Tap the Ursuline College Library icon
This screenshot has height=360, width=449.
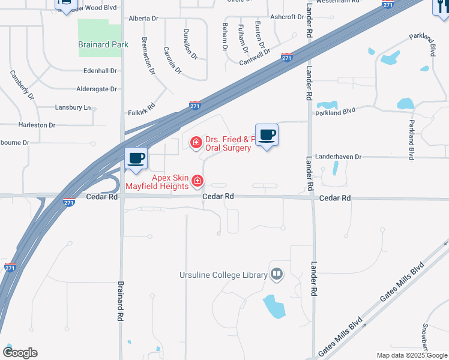pyautogui.click(x=276, y=275)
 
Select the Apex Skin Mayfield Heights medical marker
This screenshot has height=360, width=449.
pyautogui.click(x=196, y=181)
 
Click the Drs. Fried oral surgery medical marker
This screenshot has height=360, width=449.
pyautogui.click(x=195, y=143)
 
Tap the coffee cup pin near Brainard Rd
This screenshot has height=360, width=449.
pyautogui.click(x=136, y=158)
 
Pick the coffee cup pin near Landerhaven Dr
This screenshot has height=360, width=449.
pyautogui.click(x=266, y=135)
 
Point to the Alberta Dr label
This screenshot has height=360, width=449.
pyautogui.click(x=143, y=19)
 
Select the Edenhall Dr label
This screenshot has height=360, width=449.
pyautogui.click(x=100, y=71)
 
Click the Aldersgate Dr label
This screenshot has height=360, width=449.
pyautogui.click(x=97, y=89)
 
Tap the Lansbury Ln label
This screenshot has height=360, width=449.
pyautogui.click(x=73, y=107)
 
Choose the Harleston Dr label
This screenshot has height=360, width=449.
pyautogui.click(x=37, y=125)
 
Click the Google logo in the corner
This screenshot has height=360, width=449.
pyautogui.click(x=20, y=353)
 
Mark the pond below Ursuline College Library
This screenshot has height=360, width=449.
pyautogui.click(x=274, y=307)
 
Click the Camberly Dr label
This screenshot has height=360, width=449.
pyautogui.click(x=22, y=86)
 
